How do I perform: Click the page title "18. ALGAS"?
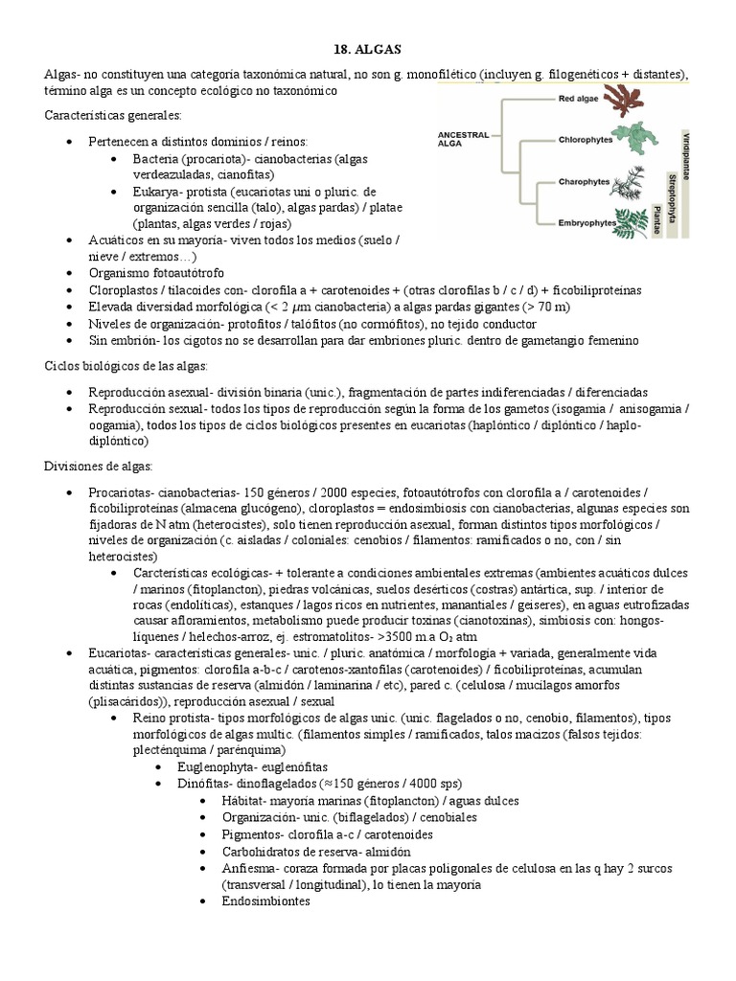click(x=368, y=49)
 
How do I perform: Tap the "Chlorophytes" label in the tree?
click(x=586, y=139)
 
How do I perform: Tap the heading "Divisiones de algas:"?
click(x=96, y=466)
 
